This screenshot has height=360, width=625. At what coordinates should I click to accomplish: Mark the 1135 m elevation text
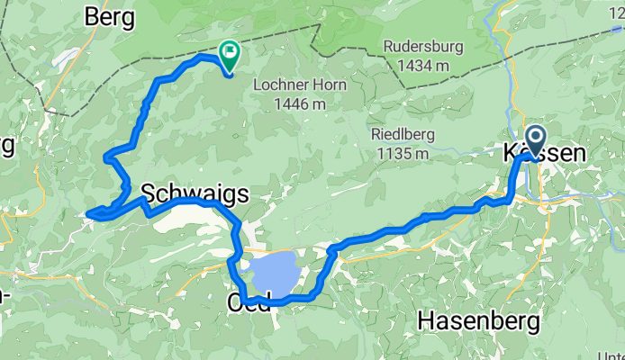click(x=397, y=153)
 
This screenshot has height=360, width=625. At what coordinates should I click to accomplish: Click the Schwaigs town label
click(x=194, y=192)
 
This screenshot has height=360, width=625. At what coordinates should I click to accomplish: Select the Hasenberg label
click(x=477, y=320)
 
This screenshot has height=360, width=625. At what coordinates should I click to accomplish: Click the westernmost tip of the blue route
click(x=88, y=213)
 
